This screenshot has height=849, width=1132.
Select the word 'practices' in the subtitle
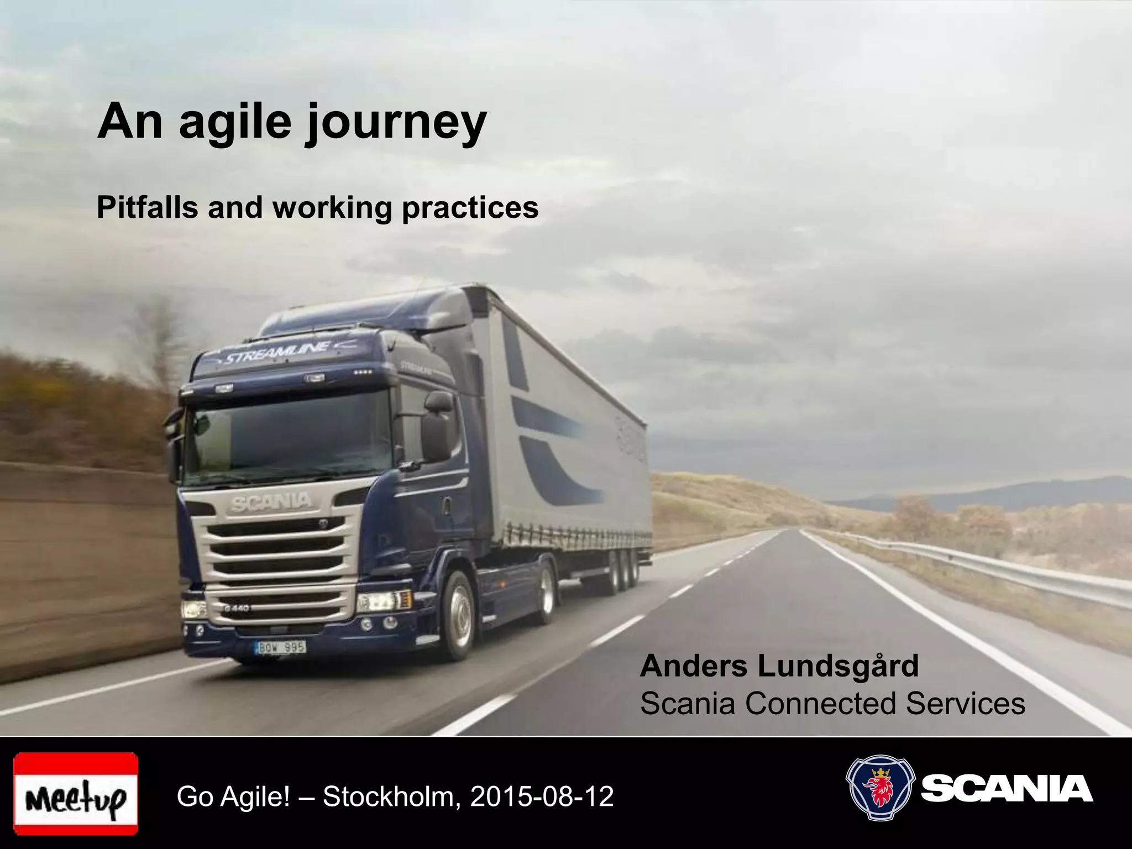pyautogui.click(x=470, y=208)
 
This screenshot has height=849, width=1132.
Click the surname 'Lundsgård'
pyautogui.click(x=838, y=666)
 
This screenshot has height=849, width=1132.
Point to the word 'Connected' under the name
pyautogui.click(x=820, y=704)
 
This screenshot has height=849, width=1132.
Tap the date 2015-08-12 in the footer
pyautogui.click(x=542, y=796)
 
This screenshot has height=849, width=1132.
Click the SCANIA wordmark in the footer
pyautogui.click(x=1007, y=789)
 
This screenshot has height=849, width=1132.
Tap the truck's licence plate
pyautogui.click(x=281, y=647)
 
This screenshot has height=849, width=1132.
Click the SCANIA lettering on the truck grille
pyautogui.click(x=271, y=502)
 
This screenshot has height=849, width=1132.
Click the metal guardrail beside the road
pyautogui.click(x=995, y=569)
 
